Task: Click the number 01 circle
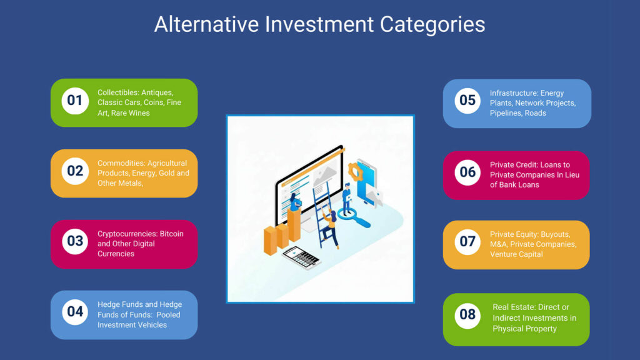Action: coord(75,101)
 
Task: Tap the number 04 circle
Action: coord(75,311)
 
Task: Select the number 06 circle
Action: coord(467,172)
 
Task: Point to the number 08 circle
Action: coord(467,314)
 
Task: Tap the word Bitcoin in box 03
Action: coord(171,234)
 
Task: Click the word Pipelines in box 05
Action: coord(507,113)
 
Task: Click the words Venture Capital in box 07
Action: coord(516,254)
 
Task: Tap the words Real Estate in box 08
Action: coord(514,307)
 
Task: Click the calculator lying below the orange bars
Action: coord(299,256)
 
